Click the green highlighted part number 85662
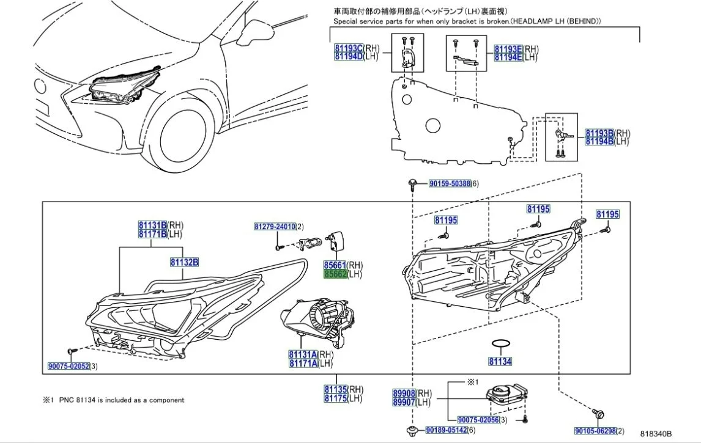[x=335, y=275]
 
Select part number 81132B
[x=184, y=262]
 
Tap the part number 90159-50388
[x=449, y=183]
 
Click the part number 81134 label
[x=500, y=361]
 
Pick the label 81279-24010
[x=275, y=227]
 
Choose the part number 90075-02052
[x=69, y=367]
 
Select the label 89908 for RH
[x=404, y=394]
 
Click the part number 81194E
[x=508, y=57]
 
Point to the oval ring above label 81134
[x=501, y=345]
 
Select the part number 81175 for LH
[x=336, y=398]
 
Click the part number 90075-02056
[x=478, y=420]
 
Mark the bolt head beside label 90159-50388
[x=414, y=183]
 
